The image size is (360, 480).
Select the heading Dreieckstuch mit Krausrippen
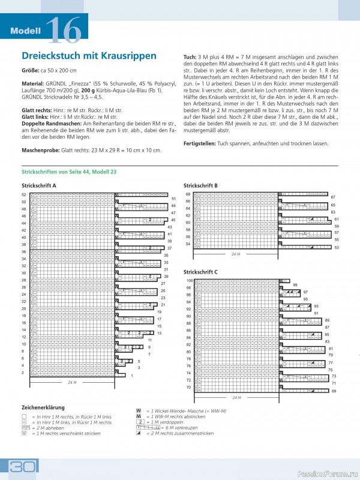[89, 56]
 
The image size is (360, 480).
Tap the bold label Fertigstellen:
[203, 144]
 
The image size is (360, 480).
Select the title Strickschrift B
[200, 186]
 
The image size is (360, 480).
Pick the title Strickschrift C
[200, 272]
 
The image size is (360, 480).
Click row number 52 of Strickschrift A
[24, 195]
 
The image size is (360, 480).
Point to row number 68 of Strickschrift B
[188, 194]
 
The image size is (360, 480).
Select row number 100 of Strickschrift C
[188, 281]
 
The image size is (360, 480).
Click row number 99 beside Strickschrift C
[295, 284]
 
